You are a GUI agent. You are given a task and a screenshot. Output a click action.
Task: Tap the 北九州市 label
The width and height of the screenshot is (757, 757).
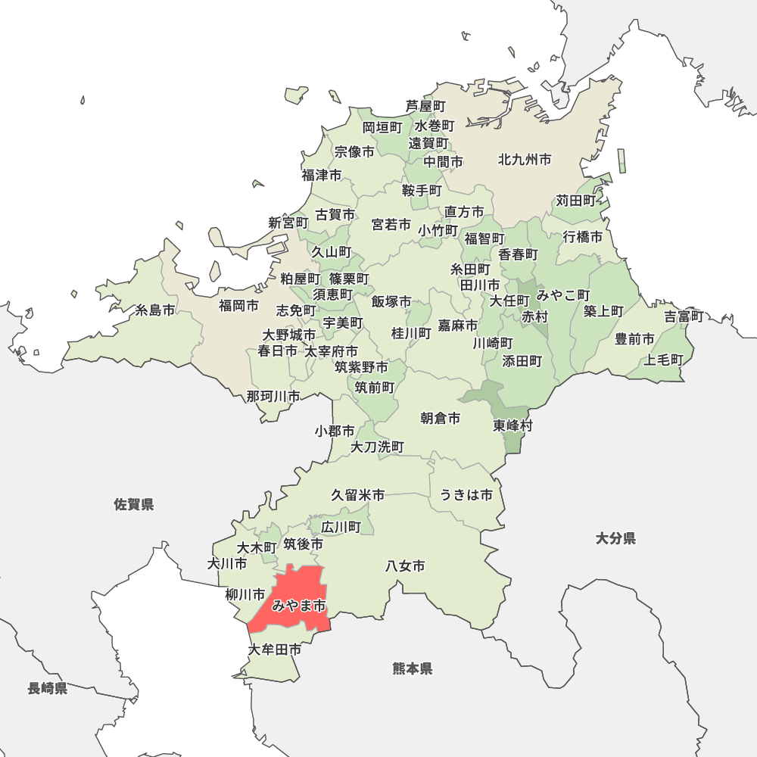coord(524,160)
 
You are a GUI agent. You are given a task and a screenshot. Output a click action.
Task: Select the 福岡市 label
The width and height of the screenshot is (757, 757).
coord(238,306)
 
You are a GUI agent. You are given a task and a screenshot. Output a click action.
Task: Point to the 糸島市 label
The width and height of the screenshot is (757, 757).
coord(154,310)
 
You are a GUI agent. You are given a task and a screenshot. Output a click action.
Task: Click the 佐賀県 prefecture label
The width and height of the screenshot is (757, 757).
coord(134,504)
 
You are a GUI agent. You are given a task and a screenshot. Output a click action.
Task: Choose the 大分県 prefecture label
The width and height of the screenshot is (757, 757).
coord(615,538)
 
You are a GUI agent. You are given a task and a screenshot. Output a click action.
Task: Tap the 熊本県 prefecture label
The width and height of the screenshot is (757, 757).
coord(413,668)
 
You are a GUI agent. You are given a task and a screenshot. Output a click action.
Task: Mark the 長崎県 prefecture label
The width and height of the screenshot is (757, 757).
coord(48,688)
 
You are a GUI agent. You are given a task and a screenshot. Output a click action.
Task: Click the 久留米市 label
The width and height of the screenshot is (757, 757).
coord(357,495)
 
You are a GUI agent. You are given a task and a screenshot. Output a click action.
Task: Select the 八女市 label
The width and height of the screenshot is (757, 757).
coord(405,565)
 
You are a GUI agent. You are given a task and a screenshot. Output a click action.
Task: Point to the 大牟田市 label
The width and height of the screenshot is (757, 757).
coord(274,650)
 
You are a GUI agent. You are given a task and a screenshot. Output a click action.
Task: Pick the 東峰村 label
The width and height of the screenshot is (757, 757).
coord(513,425)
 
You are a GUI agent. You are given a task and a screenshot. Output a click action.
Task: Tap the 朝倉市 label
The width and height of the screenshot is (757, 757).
coord(440,418)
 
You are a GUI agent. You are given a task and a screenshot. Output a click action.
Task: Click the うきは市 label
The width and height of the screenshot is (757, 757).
coord(466,495)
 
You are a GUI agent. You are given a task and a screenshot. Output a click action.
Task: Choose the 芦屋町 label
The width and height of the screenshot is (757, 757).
coord(425,106)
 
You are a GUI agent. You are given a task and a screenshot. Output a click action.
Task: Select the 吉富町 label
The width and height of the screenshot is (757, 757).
coord(684,316)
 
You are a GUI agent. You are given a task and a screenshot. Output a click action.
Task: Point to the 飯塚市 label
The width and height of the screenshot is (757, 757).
coord(391,302)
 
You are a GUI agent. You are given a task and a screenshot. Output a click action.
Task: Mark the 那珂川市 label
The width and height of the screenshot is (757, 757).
coord(273,396)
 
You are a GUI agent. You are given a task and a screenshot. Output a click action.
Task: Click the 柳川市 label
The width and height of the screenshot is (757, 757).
coord(245,594)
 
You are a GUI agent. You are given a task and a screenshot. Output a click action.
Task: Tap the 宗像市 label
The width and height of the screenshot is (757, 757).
coord(354,152)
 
